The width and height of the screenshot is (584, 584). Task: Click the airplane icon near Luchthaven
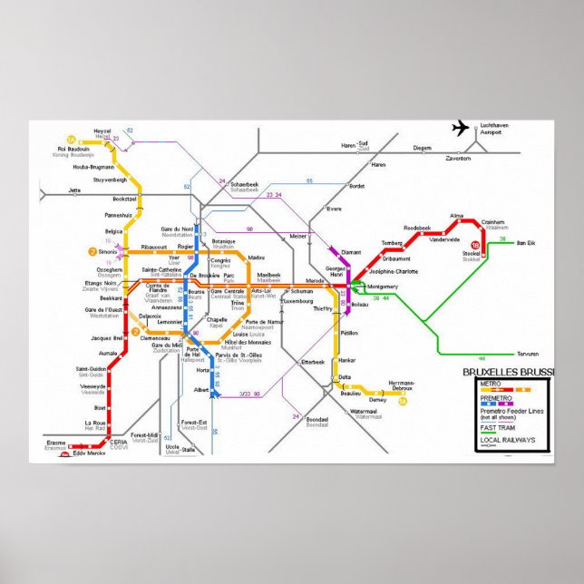[x=461, y=128]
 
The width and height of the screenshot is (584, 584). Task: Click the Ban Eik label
[x=526, y=243]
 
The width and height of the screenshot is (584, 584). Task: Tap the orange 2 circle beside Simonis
[x=92, y=251]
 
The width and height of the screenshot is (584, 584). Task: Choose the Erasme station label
[x=56, y=443]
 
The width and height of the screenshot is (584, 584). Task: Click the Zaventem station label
[x=458, y=157]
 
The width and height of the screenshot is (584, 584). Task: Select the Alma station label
[x=457, y=216]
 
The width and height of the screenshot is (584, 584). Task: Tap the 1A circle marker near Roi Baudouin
[x=70, y=139]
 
